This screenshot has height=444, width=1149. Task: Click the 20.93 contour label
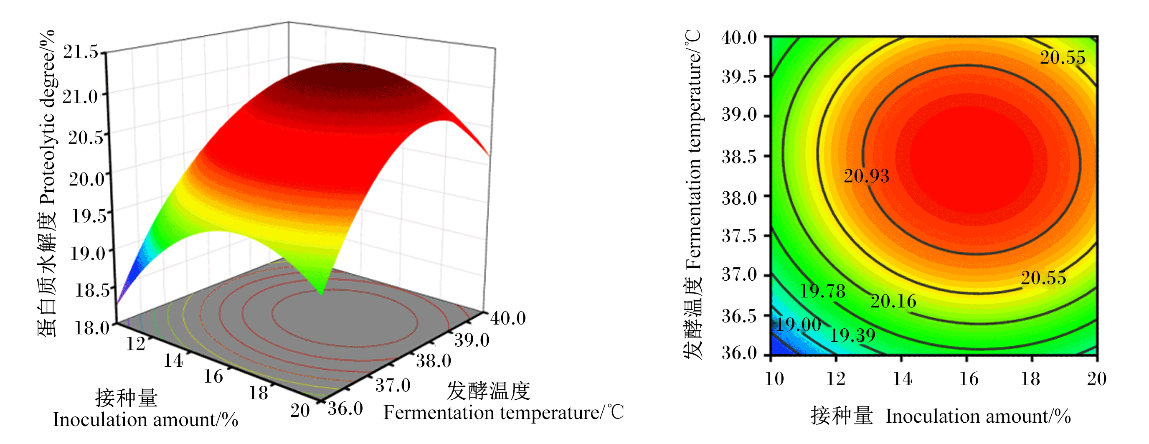[x=866, y=176]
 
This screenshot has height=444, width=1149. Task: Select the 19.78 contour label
[x=822, y=292]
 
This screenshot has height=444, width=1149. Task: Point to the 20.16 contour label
[x=893, y=301]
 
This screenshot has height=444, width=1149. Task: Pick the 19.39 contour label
[x=853, y=335]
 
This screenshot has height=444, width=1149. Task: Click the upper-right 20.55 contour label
[x=1063, y=58]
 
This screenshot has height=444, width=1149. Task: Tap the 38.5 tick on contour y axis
[x=739, y=157]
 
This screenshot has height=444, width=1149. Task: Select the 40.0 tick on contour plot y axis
[x=739, y=38]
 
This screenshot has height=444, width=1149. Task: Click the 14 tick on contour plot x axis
[x=902, y=379]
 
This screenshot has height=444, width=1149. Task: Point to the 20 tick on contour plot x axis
[x=1096, y=379]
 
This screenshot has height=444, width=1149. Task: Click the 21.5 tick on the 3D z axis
[x=80, y=52]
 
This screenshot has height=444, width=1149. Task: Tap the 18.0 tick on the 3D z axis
[x=91, y=328]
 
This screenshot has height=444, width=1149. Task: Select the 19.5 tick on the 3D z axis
[x=89, y=216]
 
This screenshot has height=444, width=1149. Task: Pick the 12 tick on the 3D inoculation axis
[x=136, y=344]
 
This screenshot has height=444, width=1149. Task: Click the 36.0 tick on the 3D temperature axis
[x=345, y=409]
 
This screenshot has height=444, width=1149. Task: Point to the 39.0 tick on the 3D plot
[x=472, y=340]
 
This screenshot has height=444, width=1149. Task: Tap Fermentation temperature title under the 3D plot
[x=504, y=413]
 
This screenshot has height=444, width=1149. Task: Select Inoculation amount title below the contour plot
[x=978, y=416]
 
